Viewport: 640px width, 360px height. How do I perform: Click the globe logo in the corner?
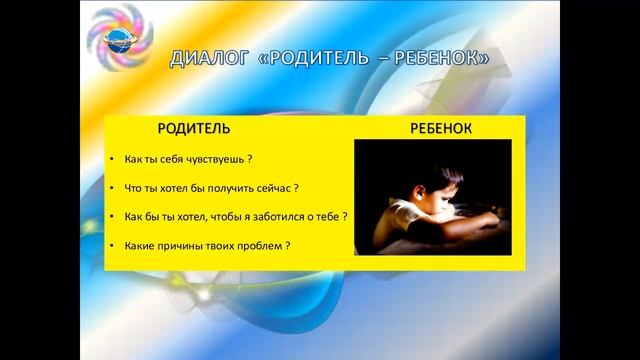click(117, 38)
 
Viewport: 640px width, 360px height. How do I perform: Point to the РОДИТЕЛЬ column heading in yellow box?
click(194, 128)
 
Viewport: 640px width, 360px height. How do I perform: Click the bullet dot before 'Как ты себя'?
click(113, 159)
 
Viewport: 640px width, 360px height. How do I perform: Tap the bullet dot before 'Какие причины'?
click(113, 246)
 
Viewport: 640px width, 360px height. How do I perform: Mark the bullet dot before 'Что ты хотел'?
click(113, 188)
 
